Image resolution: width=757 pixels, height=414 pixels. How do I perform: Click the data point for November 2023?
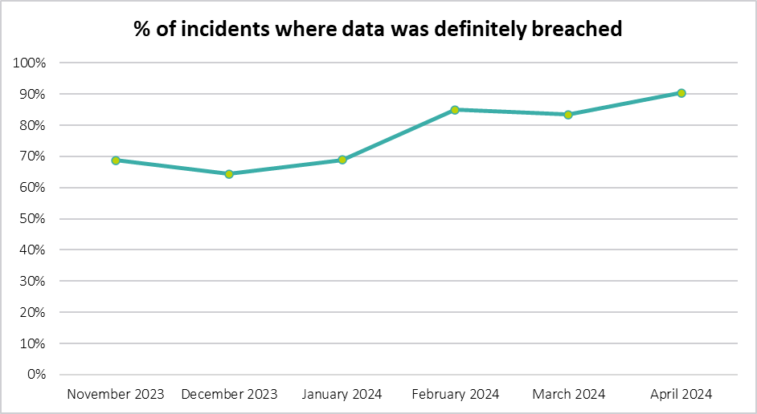point(116,160)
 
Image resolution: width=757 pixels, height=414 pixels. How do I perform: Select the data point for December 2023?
point(229,174)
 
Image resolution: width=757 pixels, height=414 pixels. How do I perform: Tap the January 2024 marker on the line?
point(342,160)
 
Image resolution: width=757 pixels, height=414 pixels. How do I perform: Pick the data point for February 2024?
point(455,110)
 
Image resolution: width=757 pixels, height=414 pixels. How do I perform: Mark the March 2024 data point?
point(568,115)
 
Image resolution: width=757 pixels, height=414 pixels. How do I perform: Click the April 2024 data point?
point(681,93)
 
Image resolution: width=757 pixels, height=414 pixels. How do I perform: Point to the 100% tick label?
point(31,63)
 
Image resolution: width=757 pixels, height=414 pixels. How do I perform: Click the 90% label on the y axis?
point(35,94)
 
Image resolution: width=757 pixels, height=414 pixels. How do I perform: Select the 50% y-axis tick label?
point(35,219)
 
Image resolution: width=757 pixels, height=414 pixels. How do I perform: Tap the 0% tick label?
point(38,375)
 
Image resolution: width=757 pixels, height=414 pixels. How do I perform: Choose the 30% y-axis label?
point(35,282)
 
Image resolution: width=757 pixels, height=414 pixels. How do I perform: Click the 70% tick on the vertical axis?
point(35,156)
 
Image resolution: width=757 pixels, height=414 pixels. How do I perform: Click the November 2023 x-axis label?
point(116,394)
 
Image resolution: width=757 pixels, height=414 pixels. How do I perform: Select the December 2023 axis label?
point(229,394)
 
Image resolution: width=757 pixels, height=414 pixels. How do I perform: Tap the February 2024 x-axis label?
point(455,394)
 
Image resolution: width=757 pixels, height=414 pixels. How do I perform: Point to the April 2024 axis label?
point(681,394)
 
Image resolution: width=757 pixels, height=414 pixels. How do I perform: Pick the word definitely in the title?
point(477,30)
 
